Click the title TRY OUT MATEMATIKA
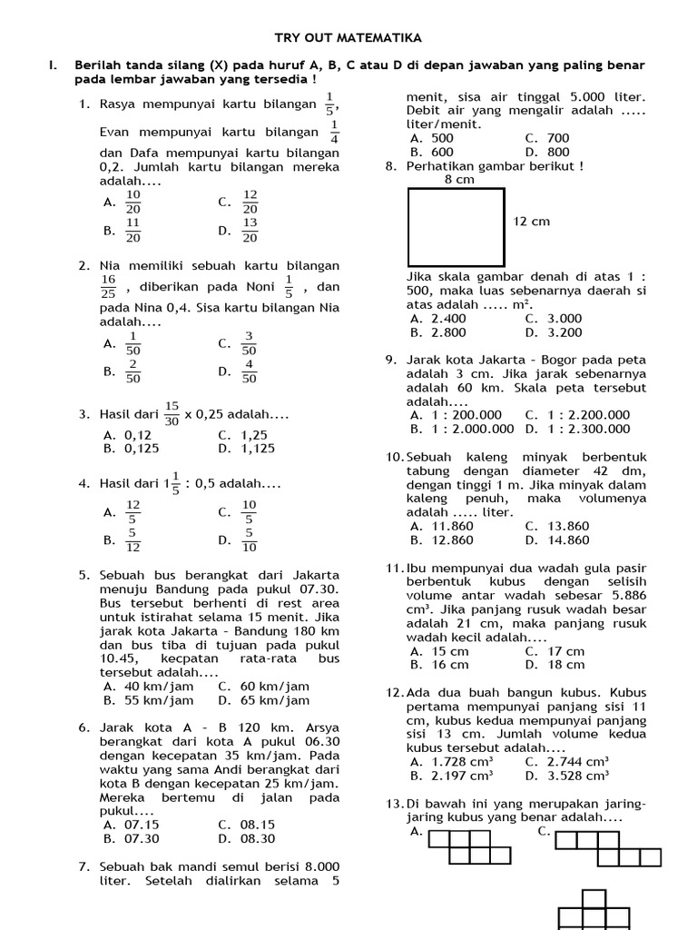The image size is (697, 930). tap(348, 38)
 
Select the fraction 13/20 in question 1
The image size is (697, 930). tap(250, 231)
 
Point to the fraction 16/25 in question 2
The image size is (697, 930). tap(109, 287)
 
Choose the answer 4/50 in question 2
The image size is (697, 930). tap(250, 371)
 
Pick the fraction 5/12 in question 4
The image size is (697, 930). tap(133, 540)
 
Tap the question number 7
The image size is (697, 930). tap(84, 866)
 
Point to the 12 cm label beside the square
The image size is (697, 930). tap(532, 222)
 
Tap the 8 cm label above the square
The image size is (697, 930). tap(459, 180)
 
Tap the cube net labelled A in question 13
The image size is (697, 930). tap(470, 846)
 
